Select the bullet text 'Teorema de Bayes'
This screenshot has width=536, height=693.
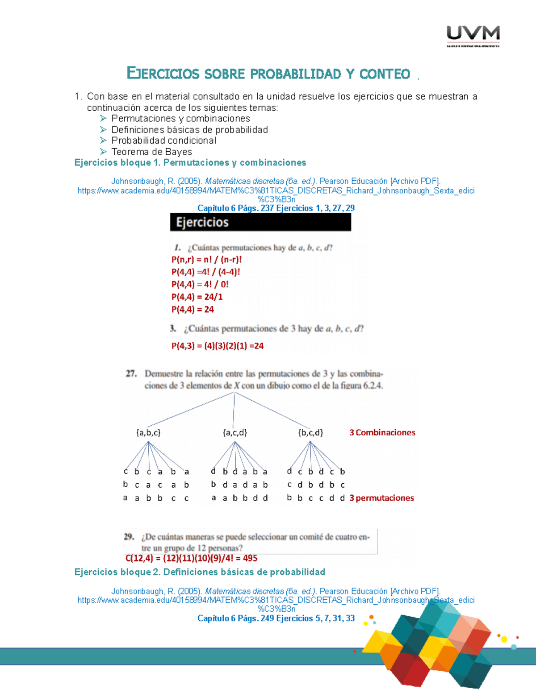[x=151, y=152]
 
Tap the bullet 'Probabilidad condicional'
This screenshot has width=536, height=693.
[x=163, y=141]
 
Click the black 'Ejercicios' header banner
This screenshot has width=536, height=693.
[x=260, y=222]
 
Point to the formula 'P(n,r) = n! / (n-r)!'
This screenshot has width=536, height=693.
[x=206, y=260]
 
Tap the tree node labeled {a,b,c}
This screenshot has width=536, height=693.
[x=148, y=432]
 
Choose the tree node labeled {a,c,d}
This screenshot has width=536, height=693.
[x=234, y=432]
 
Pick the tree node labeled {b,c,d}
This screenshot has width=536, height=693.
[x=310, y=432]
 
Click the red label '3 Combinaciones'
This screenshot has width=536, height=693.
[x=382, y=432]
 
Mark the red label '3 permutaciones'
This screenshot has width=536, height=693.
[x=381, y=498]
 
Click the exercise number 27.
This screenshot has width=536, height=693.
[x=131, y=373]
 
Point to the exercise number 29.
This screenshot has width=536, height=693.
[x=129, y=536]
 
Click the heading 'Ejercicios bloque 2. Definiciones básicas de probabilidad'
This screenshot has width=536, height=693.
[x=200, y=572]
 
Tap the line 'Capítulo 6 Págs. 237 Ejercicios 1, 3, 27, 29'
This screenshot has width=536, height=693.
[x=276, y=208]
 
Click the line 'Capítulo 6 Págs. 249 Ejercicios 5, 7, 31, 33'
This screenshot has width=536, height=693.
[x=276, y=618]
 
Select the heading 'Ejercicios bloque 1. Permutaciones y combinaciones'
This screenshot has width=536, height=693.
[x=190, y=162]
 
